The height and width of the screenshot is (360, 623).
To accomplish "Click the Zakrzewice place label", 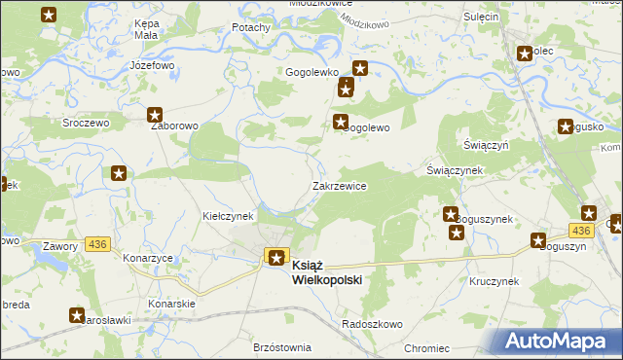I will (339, 186).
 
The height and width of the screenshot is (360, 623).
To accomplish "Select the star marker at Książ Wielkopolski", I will (276, 258).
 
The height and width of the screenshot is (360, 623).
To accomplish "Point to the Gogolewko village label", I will (311, 72).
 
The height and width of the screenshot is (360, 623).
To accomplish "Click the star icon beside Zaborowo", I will (154, 115).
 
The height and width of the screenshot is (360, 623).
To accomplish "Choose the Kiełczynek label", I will (228, 215).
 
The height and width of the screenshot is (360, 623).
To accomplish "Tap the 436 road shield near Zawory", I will (97, 242).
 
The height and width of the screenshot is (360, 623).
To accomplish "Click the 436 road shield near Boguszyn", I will (581, 230).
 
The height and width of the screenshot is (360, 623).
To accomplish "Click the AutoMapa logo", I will (559, 341).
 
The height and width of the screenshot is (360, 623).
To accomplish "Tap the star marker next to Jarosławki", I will (77, 314).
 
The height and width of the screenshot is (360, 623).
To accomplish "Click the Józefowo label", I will (151, 65).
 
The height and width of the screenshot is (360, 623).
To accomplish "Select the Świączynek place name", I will (455, 169).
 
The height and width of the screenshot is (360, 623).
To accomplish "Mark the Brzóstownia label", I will (281, 347).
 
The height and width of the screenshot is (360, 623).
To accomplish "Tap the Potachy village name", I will (250, 28).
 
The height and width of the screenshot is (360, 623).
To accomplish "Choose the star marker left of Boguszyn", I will (537, 240).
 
